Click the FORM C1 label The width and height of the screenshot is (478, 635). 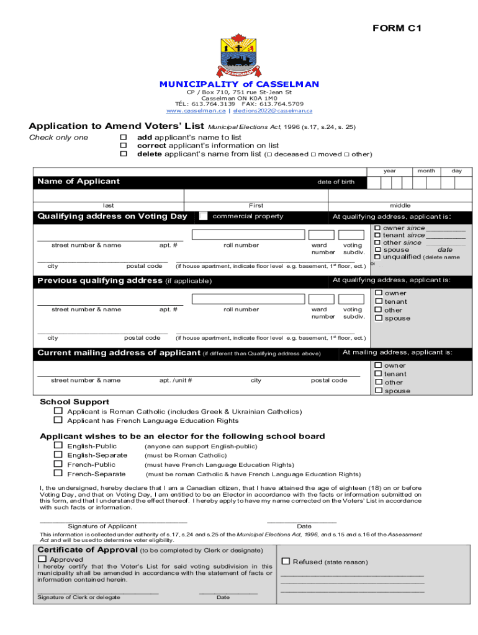397,28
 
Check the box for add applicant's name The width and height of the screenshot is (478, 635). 123,137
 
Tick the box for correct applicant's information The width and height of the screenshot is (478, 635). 123,145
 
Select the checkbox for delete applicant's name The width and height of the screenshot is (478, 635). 123,154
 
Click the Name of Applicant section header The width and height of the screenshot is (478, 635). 79,182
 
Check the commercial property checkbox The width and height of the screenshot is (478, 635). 204,216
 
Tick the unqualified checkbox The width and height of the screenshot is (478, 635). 377,257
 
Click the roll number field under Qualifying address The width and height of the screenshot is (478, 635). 248,235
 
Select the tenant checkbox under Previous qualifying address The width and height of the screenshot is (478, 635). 378,301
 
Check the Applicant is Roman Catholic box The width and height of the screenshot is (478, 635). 58,411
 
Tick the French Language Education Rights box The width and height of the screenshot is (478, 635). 58,420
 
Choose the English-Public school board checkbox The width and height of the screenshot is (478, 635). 58,446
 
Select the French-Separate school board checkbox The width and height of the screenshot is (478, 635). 58,474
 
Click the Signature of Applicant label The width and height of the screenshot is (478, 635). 102,526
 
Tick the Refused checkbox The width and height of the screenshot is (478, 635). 286,561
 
